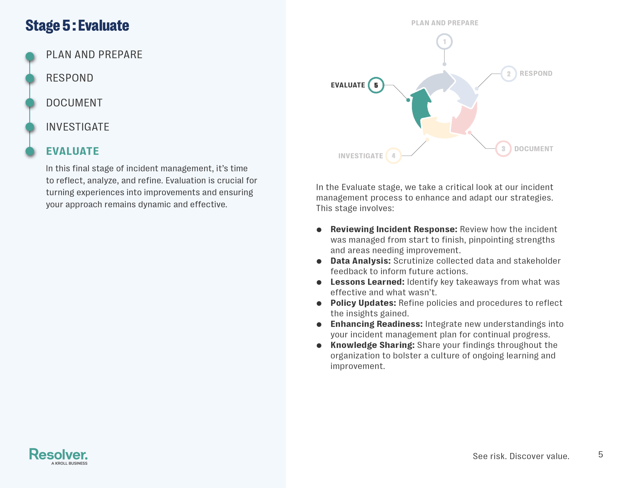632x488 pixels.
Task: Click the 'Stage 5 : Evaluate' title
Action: pyautogui.click(x=77, y=25)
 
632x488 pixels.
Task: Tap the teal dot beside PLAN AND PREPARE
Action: pyautogui.click(x=30, y=56)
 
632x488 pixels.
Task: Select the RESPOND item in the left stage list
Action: pyautogui.click(x=70, y=78)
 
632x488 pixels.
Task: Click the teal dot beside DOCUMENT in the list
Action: pyautogui.click(x=30, y=103)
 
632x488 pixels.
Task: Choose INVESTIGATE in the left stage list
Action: pyautogui.click(x=78, y=127)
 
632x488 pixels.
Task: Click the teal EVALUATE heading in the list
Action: pyautogui.click(x=72, y=151)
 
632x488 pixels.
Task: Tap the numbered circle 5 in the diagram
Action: pyautogui.click(x=376, y=85)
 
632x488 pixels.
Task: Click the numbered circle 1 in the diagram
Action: pyautogui.click(x=444, y=42)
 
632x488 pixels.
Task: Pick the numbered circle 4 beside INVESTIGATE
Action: pyautogui.click(x=394, y=156)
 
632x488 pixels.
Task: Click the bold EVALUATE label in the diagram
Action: pyautogui.click(x=348, y=85)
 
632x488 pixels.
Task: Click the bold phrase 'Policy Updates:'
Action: pyautogui.click(x=363, y=303)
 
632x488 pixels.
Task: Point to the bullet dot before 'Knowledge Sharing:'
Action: pyautogui.click(x=319, y=345)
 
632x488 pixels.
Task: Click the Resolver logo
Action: pyautogui.click(x=59, y=456)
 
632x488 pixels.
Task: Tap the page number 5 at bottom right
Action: pyautogui.click(x=600, y=454)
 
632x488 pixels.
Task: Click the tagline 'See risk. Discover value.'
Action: pyautogui.click(x=521, y=456)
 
